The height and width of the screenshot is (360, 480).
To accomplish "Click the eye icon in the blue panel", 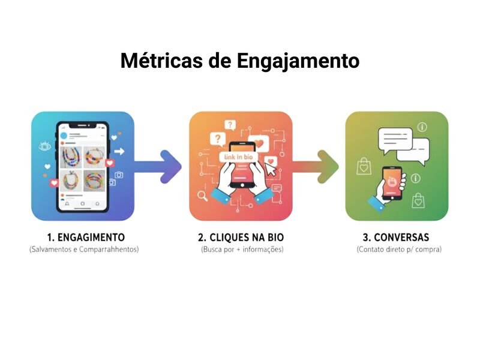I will tap(44, 146).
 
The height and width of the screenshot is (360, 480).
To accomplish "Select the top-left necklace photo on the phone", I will tap(73, 157).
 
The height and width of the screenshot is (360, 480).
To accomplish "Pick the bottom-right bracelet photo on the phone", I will tap(95, 181).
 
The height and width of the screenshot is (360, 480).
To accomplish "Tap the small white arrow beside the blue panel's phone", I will tap(119, 152).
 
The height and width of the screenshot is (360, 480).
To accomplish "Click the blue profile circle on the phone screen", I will tap(62, 136).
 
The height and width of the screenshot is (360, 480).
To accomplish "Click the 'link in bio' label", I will tap(239, 157).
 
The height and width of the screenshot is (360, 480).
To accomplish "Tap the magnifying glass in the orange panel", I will tap(202, 196).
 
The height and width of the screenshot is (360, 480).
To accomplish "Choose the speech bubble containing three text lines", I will tap(395, 139).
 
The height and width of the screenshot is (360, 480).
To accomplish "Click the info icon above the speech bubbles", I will tap(422, 127).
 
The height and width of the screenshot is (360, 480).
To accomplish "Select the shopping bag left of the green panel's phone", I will tap(364, 166).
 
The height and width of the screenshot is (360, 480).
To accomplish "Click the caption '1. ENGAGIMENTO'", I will tap(85, 237).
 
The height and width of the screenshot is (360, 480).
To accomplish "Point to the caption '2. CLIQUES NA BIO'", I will tap(241, 237).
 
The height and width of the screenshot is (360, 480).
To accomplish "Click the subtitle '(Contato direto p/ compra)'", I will tap(398, 249).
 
